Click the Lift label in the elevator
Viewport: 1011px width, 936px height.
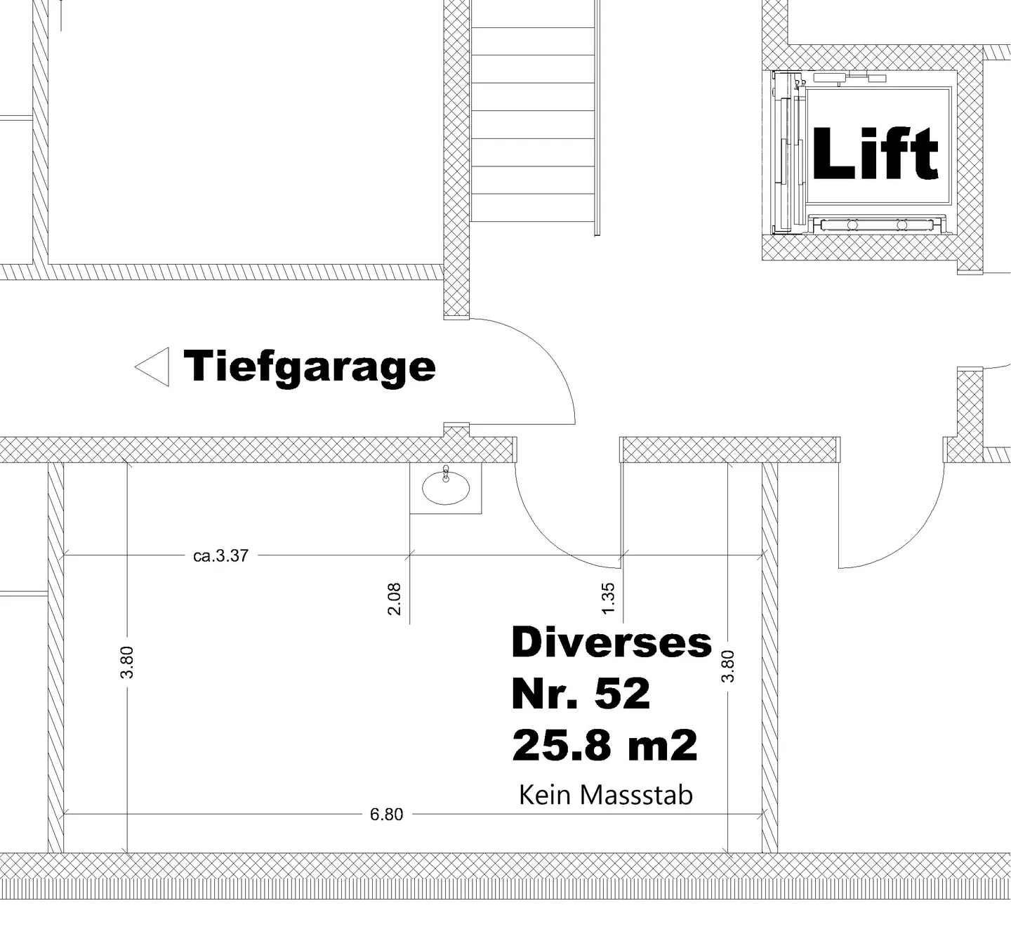pyautogui.click(x=875, y=154)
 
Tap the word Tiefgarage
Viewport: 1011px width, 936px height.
pyautogui.click(x=310, y=366)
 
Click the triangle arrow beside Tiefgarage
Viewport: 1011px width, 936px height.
pyautogui.click(x=154, y=367)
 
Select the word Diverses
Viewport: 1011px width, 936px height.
pyautogui.click(x=612, y=642)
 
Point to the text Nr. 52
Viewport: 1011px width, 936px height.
pyautogui.click(x=581, y=694)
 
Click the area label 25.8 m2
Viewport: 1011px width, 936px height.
pyautogui.click(x=604, y=745)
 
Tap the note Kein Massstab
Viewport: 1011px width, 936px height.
pyautogui.click(x=605, y=795)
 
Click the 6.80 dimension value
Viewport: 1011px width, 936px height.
pyautogui.click(x=386, y=815)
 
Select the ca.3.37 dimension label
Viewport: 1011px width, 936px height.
pyautogui.click(x=220, y=555)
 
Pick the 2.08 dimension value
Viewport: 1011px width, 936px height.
pyautogui.click(x=395, y=598)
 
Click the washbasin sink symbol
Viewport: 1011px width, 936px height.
pyautogui.click(x=446, y=488)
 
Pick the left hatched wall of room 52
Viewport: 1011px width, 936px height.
pyautogui.click(x=55, y=657)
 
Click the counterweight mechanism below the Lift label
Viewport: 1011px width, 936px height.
pyautogui.click(x=874, y=225)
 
